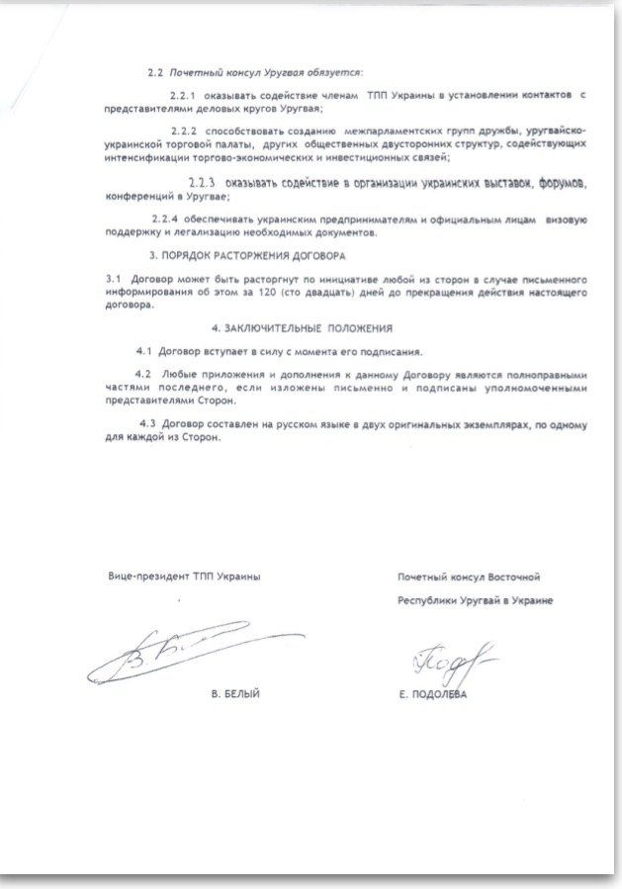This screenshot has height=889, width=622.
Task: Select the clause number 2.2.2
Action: click(184, 133)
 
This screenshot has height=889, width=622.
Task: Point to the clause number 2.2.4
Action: click(165, 218)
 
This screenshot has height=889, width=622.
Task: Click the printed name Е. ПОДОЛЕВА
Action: click(429, 695)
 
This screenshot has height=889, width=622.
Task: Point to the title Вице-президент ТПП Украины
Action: click(184, 577)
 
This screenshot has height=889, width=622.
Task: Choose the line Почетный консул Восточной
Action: click(469, 577)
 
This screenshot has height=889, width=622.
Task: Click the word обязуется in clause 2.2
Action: click(332, 72)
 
